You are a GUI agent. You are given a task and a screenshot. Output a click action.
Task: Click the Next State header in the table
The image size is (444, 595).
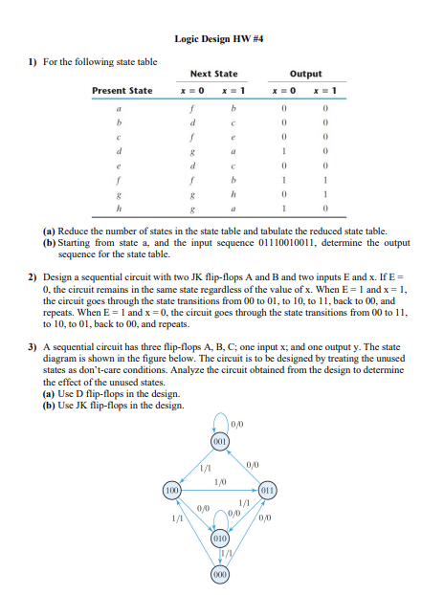click(214, 74)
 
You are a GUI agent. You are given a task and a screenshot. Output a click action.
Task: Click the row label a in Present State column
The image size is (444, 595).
click(119, 110)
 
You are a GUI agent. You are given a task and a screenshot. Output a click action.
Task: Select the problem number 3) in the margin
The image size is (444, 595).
click(32, 374)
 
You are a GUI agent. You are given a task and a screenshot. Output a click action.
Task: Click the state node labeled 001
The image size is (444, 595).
click(219, 443)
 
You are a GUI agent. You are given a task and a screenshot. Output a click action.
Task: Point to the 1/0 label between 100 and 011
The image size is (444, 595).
click(220, 481)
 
